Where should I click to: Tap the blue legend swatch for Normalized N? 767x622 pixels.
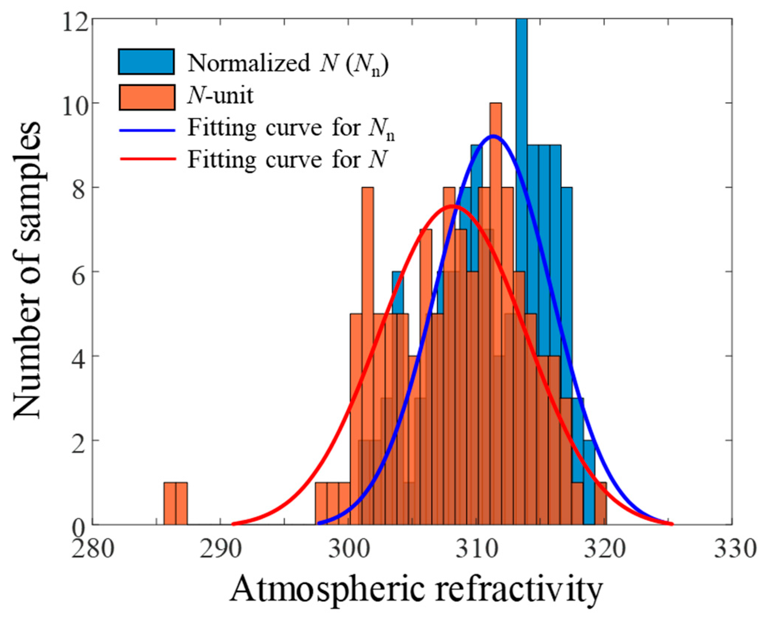point(146,62)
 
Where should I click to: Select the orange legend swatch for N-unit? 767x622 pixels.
point(147,97)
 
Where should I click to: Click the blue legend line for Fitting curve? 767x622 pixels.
point(147,130)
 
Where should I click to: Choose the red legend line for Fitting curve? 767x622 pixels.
point(147,159)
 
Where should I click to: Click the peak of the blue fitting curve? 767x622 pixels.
point(493,136)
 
